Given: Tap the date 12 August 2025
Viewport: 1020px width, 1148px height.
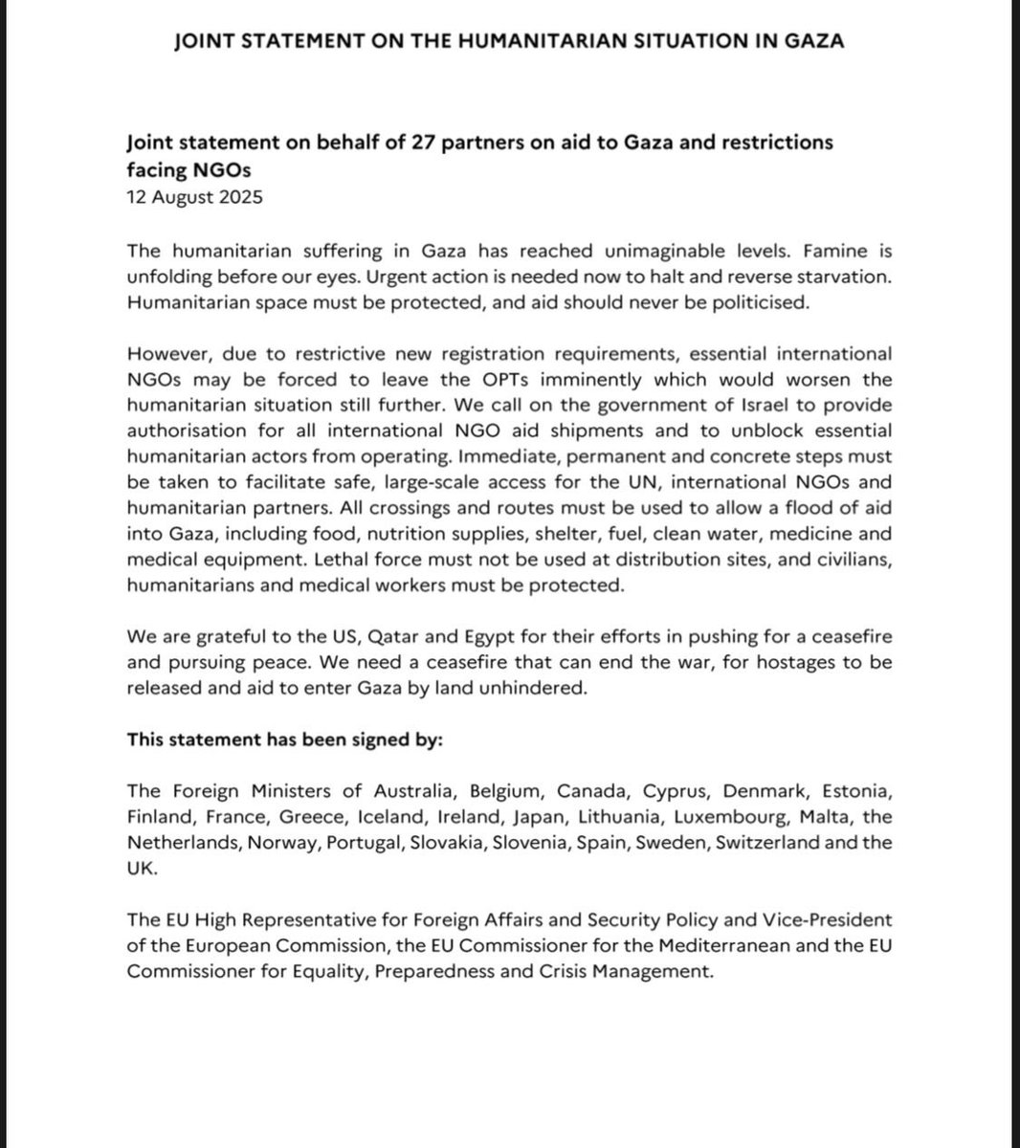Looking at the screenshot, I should pyautogui.click(x=194, y=198).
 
